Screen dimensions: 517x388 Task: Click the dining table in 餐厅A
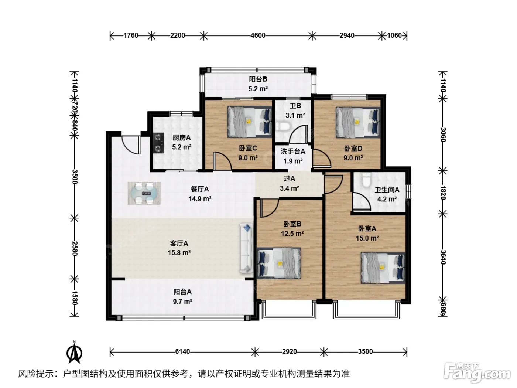[x=144, y=193]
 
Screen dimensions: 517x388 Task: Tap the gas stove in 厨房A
[x=158, y=143]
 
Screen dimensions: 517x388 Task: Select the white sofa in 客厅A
[x=246, y=248]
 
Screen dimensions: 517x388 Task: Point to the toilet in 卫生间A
[x=366, y=180]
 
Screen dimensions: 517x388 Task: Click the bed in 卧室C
[x=250, y=122]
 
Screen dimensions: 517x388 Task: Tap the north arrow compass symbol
[x=74, y=353]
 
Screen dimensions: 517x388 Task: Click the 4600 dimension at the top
[x=258, y=35]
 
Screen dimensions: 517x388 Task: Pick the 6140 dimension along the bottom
[x=182, y=351]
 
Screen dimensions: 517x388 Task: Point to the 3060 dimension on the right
[x=443, y=135]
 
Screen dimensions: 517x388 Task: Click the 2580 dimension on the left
[x=75, y=248]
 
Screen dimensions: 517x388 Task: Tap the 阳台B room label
[x=258, y=79]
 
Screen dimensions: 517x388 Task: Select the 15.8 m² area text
[x=179, y=253]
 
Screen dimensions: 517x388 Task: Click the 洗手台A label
[x=293, y=151]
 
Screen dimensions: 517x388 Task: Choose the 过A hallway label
[x=290, y=179]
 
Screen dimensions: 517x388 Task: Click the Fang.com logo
[x=477, y=374]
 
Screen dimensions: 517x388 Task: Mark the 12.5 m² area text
[x=292, y=234]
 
